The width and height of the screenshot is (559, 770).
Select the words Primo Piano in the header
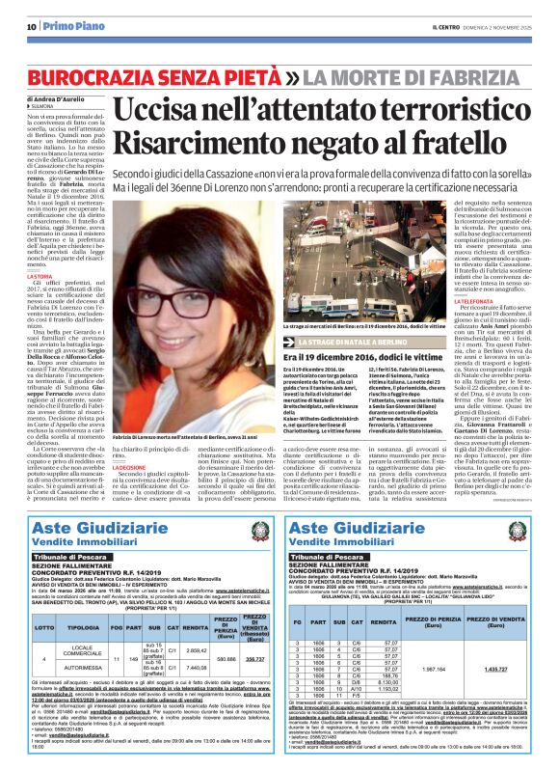pos(67,26)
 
